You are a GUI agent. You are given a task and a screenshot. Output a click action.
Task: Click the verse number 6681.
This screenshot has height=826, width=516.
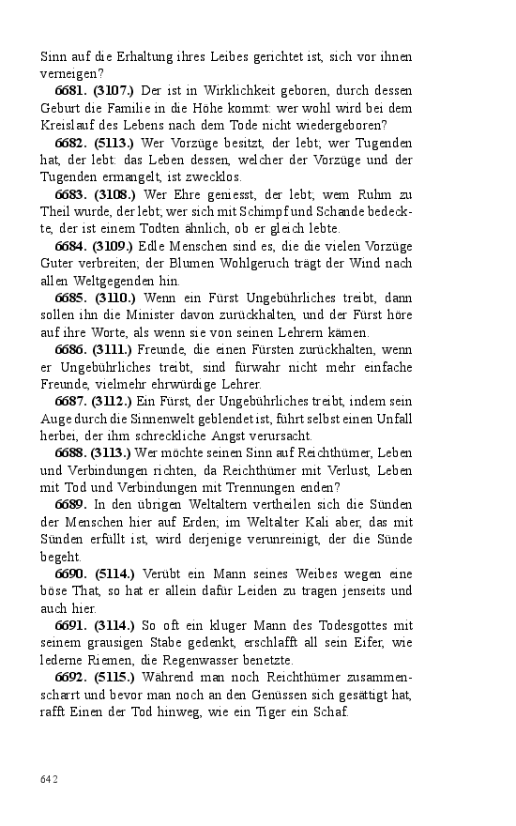(71, 91)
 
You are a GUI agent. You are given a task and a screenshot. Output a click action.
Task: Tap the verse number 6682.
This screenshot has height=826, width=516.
(71, 143)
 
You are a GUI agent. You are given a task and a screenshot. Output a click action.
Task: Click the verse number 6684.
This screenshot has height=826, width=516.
(71, 246)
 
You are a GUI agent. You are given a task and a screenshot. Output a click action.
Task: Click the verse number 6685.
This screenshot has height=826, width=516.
(71, 298)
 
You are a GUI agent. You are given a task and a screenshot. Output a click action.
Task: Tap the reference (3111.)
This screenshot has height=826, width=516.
(115, 349)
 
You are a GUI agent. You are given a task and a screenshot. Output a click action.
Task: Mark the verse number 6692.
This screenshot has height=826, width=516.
(71, 677)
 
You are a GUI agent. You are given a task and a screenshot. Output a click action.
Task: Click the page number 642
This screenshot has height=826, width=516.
(49, 779)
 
